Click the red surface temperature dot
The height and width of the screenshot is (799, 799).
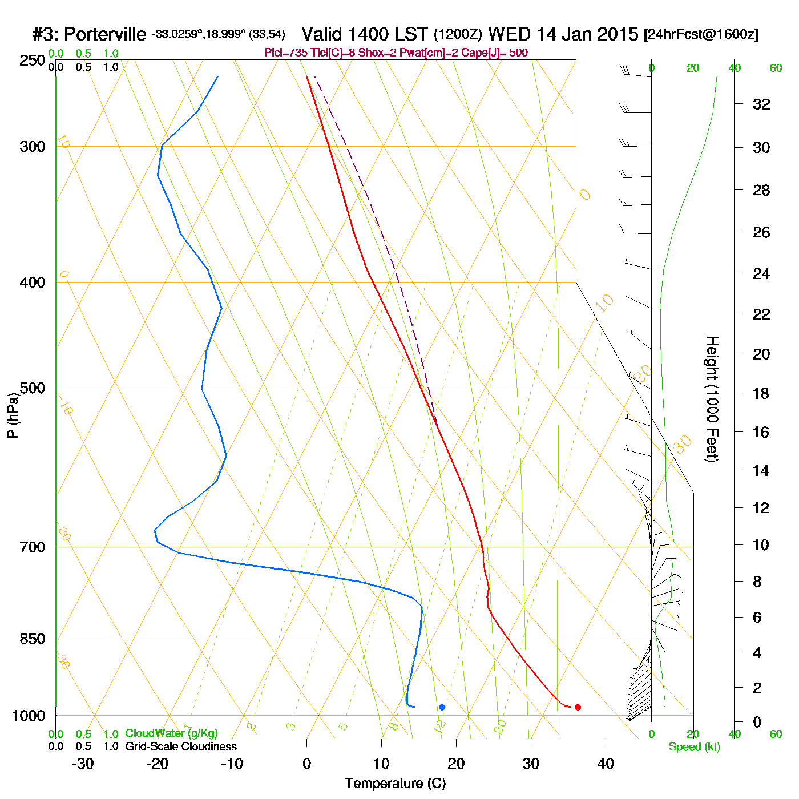(x=578, y=707)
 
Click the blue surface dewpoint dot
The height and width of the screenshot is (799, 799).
(x=442, y=707)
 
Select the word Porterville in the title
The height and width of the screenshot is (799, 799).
(x=104, y=35)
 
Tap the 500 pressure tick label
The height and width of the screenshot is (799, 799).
(x=33, y=388)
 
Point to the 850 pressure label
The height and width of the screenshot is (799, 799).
(x=33, y=639)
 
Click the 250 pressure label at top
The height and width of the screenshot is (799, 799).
(x=33, y=60)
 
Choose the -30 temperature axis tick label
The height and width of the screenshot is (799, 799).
(x=83, y=764)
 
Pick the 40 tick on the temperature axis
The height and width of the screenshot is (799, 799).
(x=606, y=764)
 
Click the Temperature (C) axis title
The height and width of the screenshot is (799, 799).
(x=395, y=784)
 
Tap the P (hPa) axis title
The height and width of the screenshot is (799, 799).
(x=13, y=415)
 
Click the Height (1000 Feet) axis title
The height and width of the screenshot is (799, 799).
(x=712, y=399)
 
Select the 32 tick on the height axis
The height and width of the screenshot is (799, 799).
(x=761, y=104)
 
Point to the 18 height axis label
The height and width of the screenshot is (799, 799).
(x=761, y=393)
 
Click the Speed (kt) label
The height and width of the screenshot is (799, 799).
(x=694, y=747)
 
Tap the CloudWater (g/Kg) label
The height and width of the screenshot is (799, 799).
(x=171, y=733)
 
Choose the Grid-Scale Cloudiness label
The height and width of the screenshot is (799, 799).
(x=181, y=746)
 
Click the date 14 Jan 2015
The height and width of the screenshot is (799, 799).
(x=587, y=34)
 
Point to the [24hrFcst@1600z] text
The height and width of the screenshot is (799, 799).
(x=701, y=34)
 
